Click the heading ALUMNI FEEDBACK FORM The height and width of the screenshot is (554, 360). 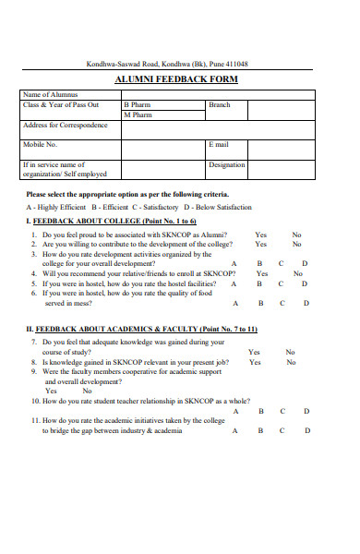pyautogui.click(x=175, y=79)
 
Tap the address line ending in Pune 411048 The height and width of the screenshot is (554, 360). pyautogui.click(x=167, y=64)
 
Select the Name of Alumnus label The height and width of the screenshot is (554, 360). pyautogui.click(x=51, y=94)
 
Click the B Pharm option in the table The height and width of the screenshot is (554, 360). pyautogui.click(x=138, y=105)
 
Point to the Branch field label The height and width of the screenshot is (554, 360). pyautogui.click(x=219, y=105)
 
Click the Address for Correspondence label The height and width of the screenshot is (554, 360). pyautogui.click(x=66, y=125)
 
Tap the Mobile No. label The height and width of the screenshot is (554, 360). pyautogui.click(x=40, y=144)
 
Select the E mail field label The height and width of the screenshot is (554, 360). pyautogui.click(x=218, y=144)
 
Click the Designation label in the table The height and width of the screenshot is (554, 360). pyautogui.click(x=226, y=164)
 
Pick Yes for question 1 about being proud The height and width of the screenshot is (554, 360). pyautogui.click(x=261, y=235)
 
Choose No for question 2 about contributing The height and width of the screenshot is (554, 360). pyautogui.click(x=296, y=245)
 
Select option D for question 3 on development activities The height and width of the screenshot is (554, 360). pyautogui.click(x=305, y=264)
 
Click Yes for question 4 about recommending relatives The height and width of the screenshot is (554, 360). pyautogui.click(x=262, y=274)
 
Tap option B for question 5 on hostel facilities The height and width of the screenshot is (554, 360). pyautogui.click(x=259, y=284)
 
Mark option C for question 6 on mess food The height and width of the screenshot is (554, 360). pyautogui.click(x=282, y=303)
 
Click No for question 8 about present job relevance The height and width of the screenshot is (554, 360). pyautogui.click(x=290, y=362)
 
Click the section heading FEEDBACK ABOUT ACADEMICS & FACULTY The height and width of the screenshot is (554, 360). pyautogui.click(x=145, y=330)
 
